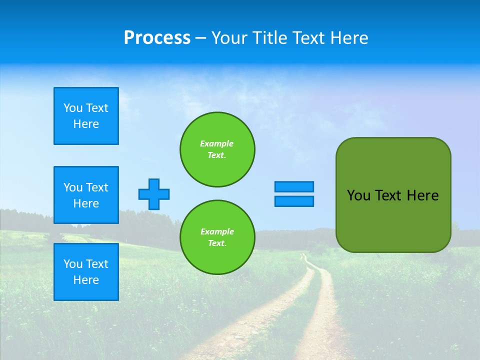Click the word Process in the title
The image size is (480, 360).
click(x=157, y=37)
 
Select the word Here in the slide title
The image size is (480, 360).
click(x=348, y=37)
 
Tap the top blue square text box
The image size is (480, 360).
click(x=86, y=116)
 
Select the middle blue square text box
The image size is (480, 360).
click(x=86, y=195)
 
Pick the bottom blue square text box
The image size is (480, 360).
click(x=86, y=272)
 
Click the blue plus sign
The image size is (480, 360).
click(x=154, y=194)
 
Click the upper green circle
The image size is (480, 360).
click(x=217, y=149)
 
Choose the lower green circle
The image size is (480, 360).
click(x=217, y=237)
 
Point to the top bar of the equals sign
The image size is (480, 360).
click(x=294, y=186)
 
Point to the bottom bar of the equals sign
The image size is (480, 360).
click(x=294, y=201)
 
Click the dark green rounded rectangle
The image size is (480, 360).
click(x=393, y=220)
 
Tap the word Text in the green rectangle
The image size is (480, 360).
click(x=388, y=195)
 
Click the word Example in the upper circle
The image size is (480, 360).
click(x=216, y=143)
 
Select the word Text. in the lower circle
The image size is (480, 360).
click(x=217, y=243)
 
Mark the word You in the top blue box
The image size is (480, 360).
click(x=72, y=108)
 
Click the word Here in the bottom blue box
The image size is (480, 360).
click(x=86, y=280)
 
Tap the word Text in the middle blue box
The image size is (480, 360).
click(x=97, y=187)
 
